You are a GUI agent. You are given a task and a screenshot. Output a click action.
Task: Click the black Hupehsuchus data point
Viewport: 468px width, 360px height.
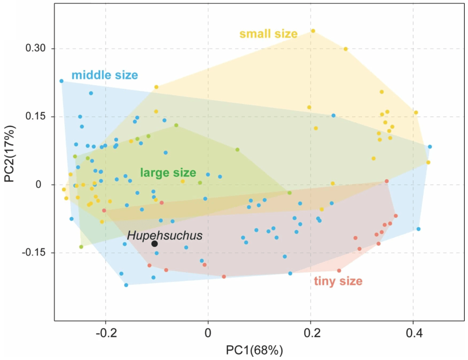(x=155, y=244)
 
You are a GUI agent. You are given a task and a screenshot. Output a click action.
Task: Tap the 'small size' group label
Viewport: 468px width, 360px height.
(x=269, y=34)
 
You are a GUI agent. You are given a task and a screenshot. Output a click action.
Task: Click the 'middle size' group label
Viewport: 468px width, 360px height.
(x=104, y=75)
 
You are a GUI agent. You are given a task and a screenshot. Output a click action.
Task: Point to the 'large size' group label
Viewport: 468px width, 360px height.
(x=168, y=173)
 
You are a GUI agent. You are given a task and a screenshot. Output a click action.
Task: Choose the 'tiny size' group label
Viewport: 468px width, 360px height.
(x=338, y=281)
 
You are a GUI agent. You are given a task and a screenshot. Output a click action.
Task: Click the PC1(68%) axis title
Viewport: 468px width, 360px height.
(x=255, y=351)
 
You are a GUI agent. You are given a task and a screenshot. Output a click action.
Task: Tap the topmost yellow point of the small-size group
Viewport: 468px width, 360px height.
(x=313, y=31)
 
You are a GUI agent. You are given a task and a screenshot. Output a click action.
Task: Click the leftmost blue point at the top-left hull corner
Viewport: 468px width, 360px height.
(x=61, y=81)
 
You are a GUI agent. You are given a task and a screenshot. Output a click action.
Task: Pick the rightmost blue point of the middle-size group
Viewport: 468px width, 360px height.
(x=430, y=147)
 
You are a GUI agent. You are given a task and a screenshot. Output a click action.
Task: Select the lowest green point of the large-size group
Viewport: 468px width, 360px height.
(x=81, y=247)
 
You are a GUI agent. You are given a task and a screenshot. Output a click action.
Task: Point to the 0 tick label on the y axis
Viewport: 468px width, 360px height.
(x=39, y=184)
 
